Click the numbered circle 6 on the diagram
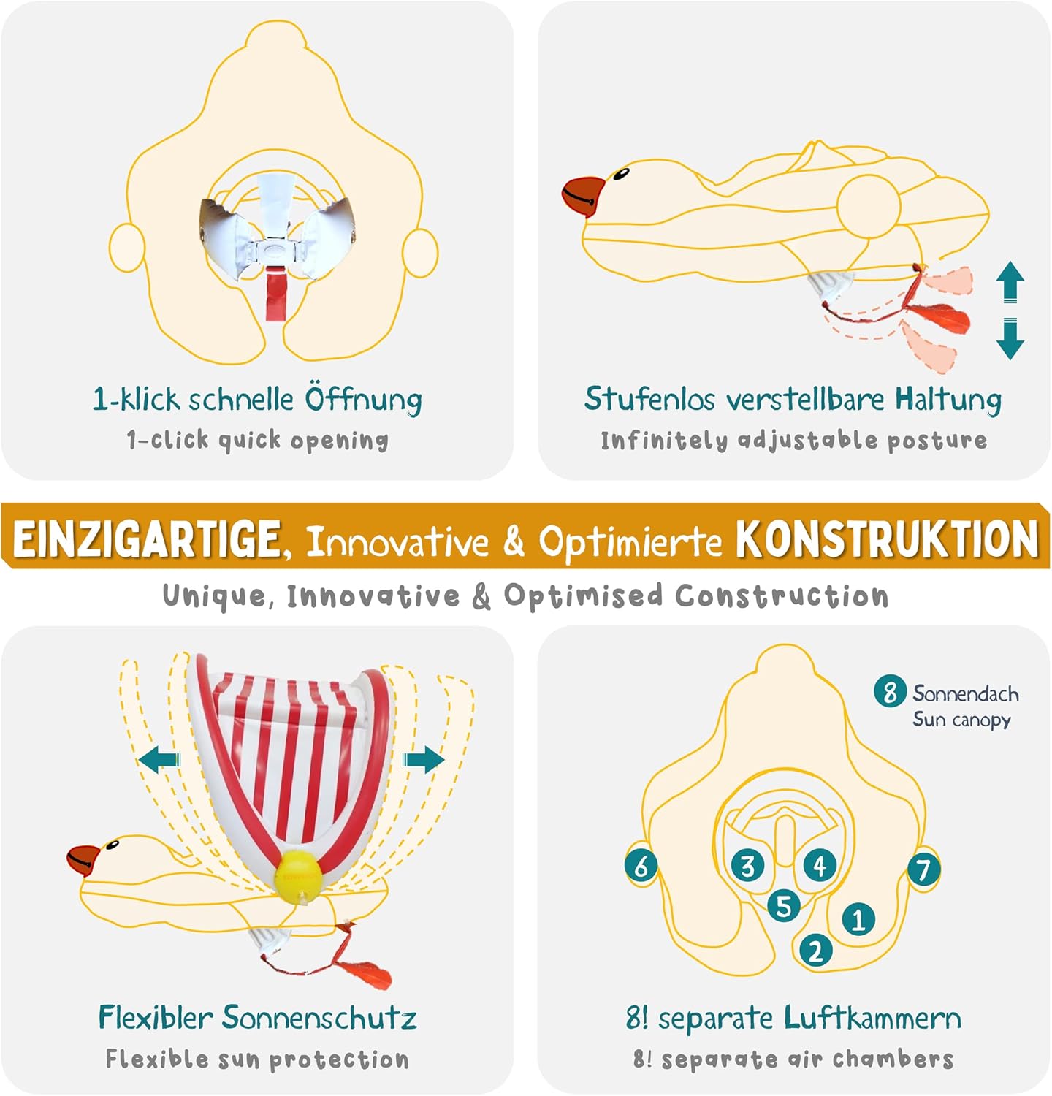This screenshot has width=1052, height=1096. [641, 867]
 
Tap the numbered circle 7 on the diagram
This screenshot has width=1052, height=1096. [923, 869]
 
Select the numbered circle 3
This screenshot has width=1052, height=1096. [747, 866]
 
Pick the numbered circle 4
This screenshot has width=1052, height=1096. [820, 866]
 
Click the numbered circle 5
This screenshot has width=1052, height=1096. [783, 906]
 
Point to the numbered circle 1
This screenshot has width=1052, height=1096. [858, 918]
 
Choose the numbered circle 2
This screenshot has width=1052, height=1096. [815, 951]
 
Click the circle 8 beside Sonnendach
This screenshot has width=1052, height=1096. [889, 691]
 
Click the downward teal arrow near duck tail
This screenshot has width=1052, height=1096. [1010, 339]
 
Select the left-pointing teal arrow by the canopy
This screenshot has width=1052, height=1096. [159, 761]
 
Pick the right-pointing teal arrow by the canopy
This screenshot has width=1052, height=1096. [424, 760]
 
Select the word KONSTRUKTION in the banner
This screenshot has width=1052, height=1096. [886, 539]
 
